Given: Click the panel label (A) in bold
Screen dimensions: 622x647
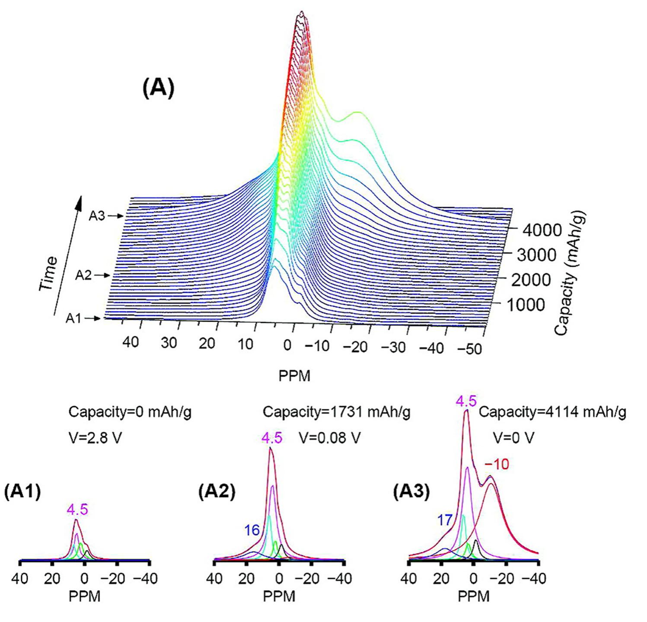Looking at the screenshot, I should click(x=158, y=89).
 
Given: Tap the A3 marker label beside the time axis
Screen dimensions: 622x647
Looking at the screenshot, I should click(x=97, y=216).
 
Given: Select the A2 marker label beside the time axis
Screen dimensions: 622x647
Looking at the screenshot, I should click(x=83, y=275).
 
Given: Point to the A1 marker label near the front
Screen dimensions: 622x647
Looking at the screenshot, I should click(x=73, y=319).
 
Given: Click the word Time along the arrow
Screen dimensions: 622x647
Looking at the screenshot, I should click(x=48, y=274).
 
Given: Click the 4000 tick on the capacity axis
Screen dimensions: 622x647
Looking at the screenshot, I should click(x=542, y=230).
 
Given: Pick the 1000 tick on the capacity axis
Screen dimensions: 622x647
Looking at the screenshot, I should click(x=525, y=305).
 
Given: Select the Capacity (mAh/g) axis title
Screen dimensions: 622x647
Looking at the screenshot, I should click(x=571, y=273).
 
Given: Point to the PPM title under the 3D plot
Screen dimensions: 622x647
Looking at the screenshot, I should click(x=294, y=376).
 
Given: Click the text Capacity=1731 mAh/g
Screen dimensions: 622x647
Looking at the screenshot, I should click(x=337, y=412).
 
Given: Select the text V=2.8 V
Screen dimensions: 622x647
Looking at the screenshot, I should click(x=95, y=437).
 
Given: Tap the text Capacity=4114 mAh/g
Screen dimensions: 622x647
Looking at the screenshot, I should click(x=552, y=412).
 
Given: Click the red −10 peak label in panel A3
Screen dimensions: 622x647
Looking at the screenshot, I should click(x=497, y=465).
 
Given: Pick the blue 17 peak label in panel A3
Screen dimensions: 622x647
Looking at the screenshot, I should click(x=445, y=520).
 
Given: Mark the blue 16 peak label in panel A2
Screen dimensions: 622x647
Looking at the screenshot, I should click(x=252, y=530).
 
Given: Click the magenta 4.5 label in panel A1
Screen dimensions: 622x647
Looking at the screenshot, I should click(x=77, y=510).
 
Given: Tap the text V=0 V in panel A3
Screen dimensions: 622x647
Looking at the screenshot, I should click(x=513, y=438).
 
